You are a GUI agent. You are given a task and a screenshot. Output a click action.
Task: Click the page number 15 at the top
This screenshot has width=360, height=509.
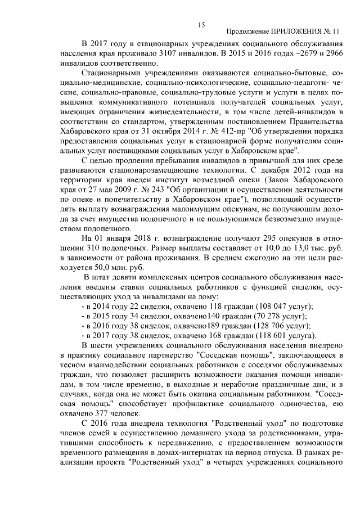point(201,24)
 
